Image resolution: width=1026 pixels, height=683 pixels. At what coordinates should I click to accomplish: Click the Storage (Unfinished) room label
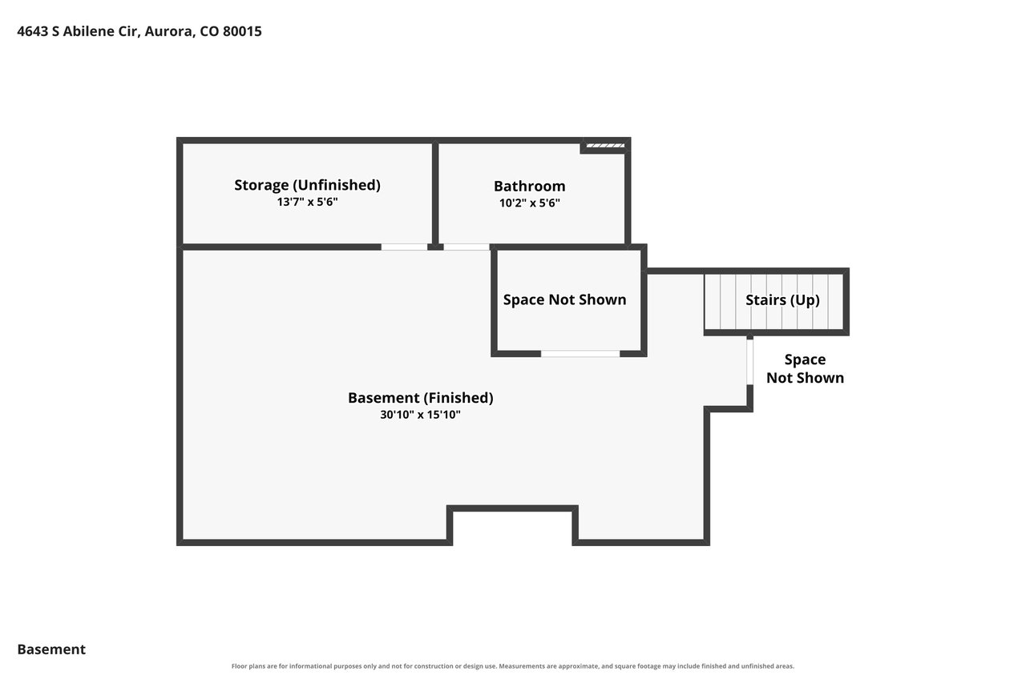click(x=307, y=185)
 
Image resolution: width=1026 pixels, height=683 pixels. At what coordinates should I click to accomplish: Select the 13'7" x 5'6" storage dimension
click(x=307, y=202)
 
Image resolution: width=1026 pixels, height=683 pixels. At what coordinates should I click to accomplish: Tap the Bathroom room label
click(x=530, y=187)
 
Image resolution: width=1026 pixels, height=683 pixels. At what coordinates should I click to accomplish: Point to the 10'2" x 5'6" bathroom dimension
click(x=530, y=203)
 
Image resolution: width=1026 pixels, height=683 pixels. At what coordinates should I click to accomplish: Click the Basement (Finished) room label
click(x=421, y=398)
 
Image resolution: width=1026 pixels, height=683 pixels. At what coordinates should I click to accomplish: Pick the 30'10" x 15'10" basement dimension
click(x=421, y=415)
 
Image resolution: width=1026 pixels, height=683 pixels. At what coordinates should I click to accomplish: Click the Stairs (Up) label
click(x=782, y=300)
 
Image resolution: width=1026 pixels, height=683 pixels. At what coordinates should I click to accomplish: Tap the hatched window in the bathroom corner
click(x=605, y=146)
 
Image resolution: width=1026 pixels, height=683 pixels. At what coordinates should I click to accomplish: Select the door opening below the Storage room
click(x=404, y=247)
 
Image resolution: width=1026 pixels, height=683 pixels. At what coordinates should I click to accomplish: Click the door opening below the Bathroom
click(x=467, y=247)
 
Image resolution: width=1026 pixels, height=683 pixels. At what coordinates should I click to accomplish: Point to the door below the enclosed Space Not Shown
click(x=580, y=354)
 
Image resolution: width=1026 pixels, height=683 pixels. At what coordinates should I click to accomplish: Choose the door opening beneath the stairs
click(x=749, y=362)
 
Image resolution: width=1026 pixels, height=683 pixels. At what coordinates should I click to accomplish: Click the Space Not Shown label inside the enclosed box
click(x=564, y=299)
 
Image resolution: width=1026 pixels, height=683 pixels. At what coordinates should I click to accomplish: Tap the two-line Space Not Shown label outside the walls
click(x=805, y=368)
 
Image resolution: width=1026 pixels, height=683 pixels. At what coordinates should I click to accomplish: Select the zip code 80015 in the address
click(x=242, y=31)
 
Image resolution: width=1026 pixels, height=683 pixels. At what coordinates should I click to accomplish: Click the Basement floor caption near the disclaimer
click(x=51, y=649)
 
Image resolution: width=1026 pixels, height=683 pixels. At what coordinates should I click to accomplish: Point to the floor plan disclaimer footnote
click(x=512, y=666)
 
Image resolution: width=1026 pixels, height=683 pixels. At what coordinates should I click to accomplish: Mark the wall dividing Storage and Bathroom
click(x=435, y=194)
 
